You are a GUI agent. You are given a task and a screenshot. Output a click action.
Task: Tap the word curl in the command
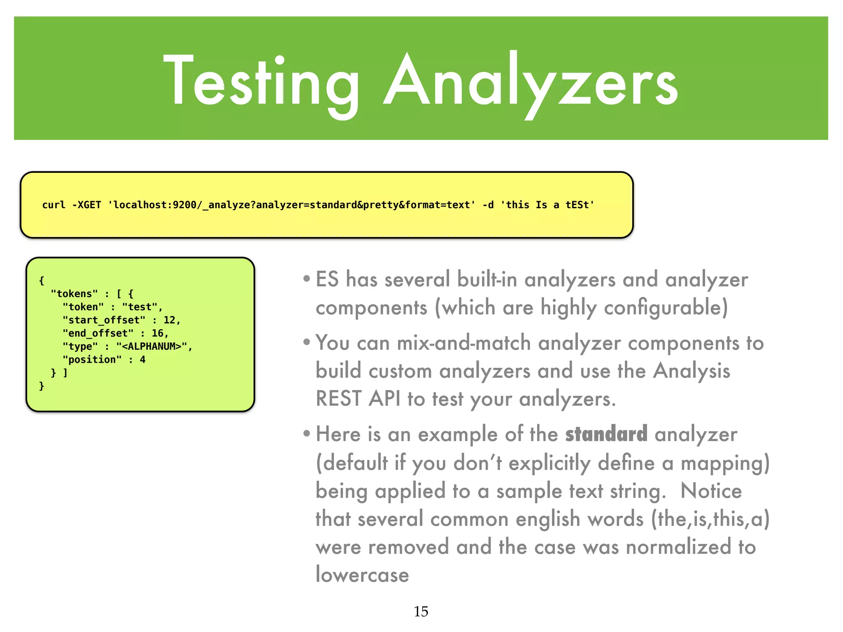[54, 205]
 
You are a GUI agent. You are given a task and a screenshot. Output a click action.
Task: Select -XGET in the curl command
[86, 205]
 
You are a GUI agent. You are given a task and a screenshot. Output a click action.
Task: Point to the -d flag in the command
[488, 205]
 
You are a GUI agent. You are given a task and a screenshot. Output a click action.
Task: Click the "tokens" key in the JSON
[74, 294]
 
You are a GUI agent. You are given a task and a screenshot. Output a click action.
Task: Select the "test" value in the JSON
[140, 307]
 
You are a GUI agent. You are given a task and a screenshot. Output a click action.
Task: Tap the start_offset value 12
[169, 320]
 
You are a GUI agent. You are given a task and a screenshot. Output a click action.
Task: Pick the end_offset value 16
[157, 333]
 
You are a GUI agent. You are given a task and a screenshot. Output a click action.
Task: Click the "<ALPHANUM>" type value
[151, 346]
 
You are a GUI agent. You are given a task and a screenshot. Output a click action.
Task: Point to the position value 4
[142, 360]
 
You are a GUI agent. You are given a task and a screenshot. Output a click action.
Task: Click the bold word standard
[606, 434]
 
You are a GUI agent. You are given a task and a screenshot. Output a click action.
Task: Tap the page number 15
[421, 611]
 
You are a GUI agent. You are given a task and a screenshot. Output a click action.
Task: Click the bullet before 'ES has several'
[306, 279]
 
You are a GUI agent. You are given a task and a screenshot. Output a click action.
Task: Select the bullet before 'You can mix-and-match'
[306, 342]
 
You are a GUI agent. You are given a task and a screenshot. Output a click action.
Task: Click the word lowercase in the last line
[362, 575]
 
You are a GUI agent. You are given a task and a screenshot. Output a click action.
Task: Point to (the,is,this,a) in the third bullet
[710, 519]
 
